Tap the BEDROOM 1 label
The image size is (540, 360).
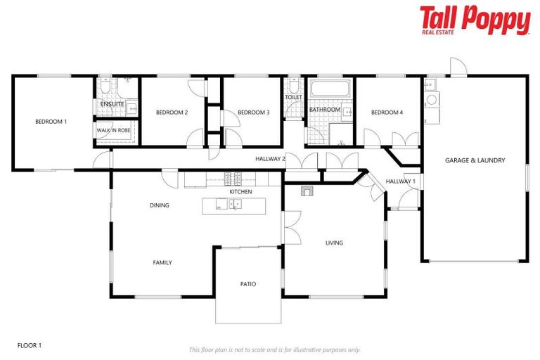pos(51,122)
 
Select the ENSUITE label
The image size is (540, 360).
pos(112,104)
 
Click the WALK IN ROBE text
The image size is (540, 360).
pos(113,130)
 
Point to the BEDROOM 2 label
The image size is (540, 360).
pos(172,112)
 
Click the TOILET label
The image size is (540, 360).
pos(293,97)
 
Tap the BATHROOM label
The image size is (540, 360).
pos(325,110)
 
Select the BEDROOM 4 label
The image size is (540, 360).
pos(387,112)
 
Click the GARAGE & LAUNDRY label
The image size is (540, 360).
pos(475,160)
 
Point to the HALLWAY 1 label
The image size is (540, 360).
pos(401,181)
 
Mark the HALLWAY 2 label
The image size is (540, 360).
pos(270,159)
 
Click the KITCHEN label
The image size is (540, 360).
pos(240,191)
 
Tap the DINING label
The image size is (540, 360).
pos(160,205)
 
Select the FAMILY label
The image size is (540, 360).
pos(162,262)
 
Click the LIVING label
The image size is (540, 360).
pos(334,243)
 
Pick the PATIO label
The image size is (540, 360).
pos(247,284)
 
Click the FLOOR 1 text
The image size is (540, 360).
pos(30,345)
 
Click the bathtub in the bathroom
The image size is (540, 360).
pos(330,89)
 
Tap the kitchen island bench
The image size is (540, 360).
pos(234,205)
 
